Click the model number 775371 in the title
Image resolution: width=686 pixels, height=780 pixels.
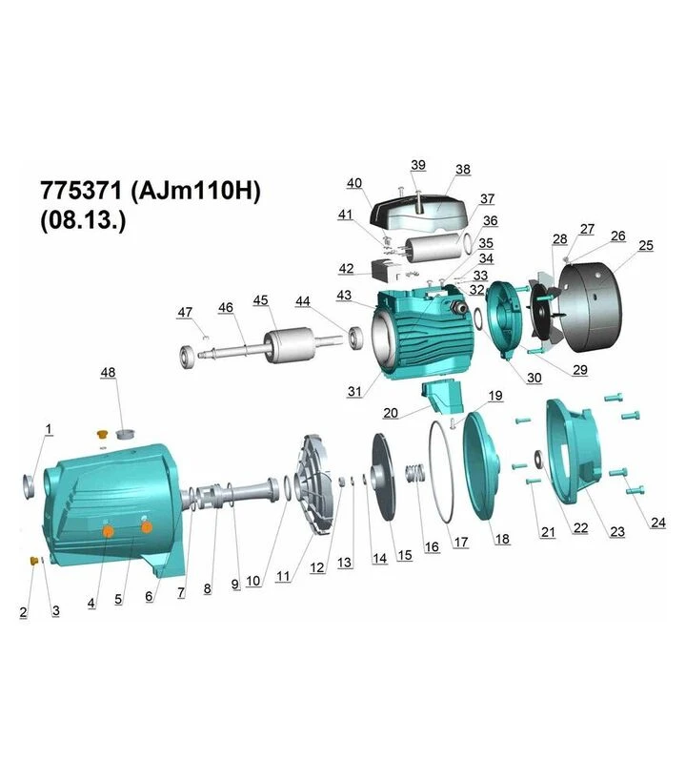point(81,190)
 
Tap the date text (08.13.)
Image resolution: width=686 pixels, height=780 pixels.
point(83,219)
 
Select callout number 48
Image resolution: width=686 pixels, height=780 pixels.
point(108,372)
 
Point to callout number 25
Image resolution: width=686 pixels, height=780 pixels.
point(646,245)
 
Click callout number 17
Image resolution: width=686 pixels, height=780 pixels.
point(461,542)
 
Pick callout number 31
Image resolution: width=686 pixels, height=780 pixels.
point(354,392)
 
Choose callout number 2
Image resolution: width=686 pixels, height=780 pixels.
point(24,612)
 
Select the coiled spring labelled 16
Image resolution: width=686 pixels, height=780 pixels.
point(415,473)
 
